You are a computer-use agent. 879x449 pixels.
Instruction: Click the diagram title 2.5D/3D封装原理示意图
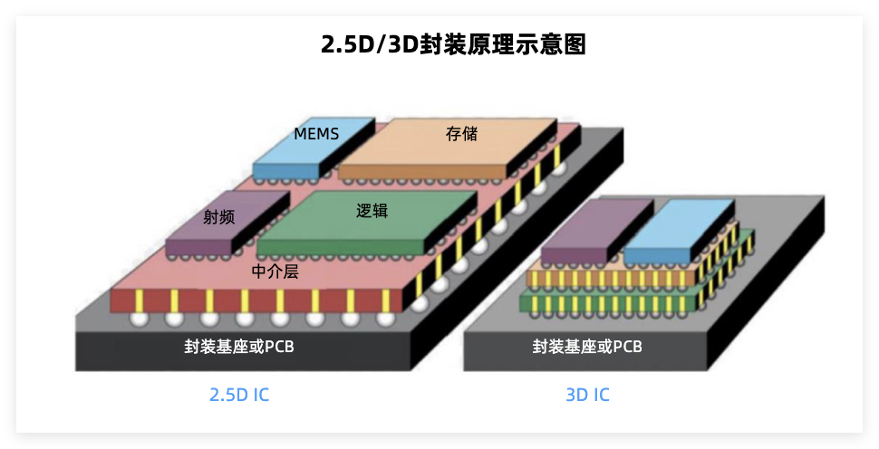(453, 44)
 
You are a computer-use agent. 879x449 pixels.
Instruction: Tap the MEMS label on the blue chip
(316, 134)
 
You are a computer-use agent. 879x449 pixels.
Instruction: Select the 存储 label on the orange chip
(462, 134)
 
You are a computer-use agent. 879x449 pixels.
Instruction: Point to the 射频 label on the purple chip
(218, 216)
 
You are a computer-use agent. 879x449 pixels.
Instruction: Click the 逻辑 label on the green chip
(372, 211)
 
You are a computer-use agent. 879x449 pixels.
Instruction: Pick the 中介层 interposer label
(275, 272)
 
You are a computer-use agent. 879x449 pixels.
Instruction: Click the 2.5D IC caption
(239, 395)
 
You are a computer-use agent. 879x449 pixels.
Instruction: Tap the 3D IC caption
(587, 395)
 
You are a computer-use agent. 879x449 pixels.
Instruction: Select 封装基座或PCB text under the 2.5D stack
(239, 347)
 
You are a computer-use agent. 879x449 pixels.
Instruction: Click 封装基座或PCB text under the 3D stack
(587, 347)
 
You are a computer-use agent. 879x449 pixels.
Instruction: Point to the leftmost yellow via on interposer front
(139, 301)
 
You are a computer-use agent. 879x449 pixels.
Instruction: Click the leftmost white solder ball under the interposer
(139, 320)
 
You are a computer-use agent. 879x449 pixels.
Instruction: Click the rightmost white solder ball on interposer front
(385, 320)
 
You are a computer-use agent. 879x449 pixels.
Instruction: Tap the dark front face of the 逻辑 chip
(341, 247)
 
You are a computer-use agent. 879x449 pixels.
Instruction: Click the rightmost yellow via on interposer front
(386, 301)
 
